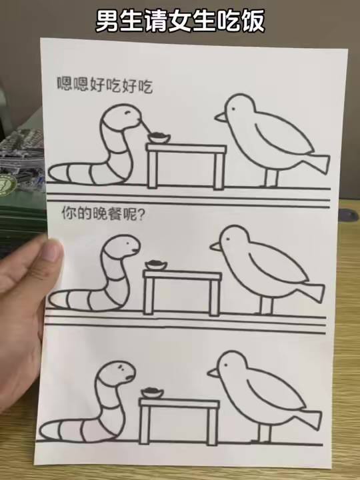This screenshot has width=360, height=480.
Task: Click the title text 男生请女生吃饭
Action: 180,21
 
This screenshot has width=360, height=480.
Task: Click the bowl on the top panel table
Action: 159,138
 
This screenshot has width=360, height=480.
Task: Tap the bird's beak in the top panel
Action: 220,117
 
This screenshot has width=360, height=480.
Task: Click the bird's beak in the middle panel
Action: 215,247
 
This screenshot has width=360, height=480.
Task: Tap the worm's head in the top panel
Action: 121,116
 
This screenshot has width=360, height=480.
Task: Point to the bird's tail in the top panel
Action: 316,163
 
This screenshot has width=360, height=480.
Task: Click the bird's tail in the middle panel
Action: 313,292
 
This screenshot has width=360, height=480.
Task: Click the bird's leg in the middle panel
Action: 267,304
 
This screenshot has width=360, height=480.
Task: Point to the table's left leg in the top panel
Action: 152,169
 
